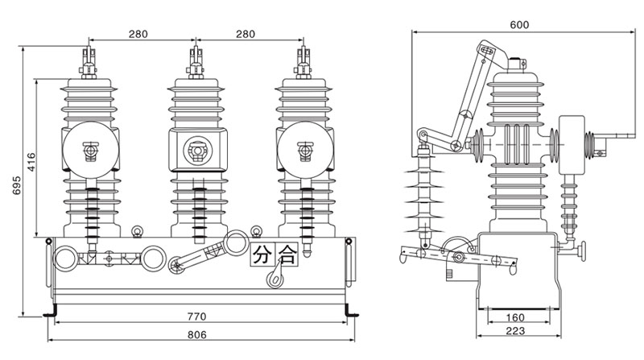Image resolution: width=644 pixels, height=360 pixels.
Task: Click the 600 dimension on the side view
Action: (519, 25)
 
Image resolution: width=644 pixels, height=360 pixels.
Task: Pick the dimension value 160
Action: (515, 317)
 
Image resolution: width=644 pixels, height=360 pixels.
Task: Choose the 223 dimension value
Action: (515, 331)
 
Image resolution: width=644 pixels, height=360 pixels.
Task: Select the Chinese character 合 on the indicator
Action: (286, 255)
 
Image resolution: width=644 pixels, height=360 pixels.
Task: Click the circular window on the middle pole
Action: (195, 150)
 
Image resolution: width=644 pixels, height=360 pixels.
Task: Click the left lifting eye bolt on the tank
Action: (137, 232)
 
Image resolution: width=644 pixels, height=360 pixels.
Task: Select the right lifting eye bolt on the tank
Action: (256, 232)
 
